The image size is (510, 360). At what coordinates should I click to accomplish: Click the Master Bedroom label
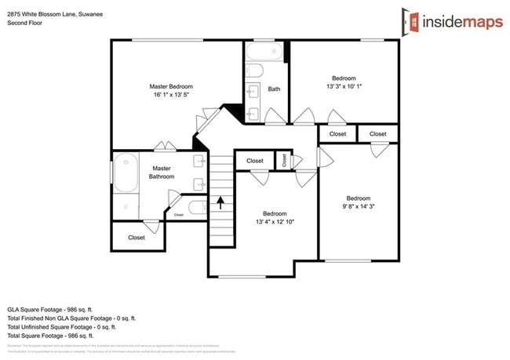pos(171,86)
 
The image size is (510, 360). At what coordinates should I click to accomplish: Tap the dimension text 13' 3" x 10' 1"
pos(344,86)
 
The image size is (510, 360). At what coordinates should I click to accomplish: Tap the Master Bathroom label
pos(162,172)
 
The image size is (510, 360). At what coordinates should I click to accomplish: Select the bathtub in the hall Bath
pos(265,53)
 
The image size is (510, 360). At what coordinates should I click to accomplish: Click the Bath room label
pos(274,89)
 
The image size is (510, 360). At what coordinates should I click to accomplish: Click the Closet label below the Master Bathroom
pos(137,237)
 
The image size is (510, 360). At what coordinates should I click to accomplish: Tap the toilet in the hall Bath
pos(254,71)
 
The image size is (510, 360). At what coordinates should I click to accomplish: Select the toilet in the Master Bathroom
pos(196,208)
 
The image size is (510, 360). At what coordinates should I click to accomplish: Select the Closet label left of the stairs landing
pos(255,161)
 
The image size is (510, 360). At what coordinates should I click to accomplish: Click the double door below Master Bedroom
pos(165,146)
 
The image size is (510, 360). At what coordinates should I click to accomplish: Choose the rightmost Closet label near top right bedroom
pos(378,134)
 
